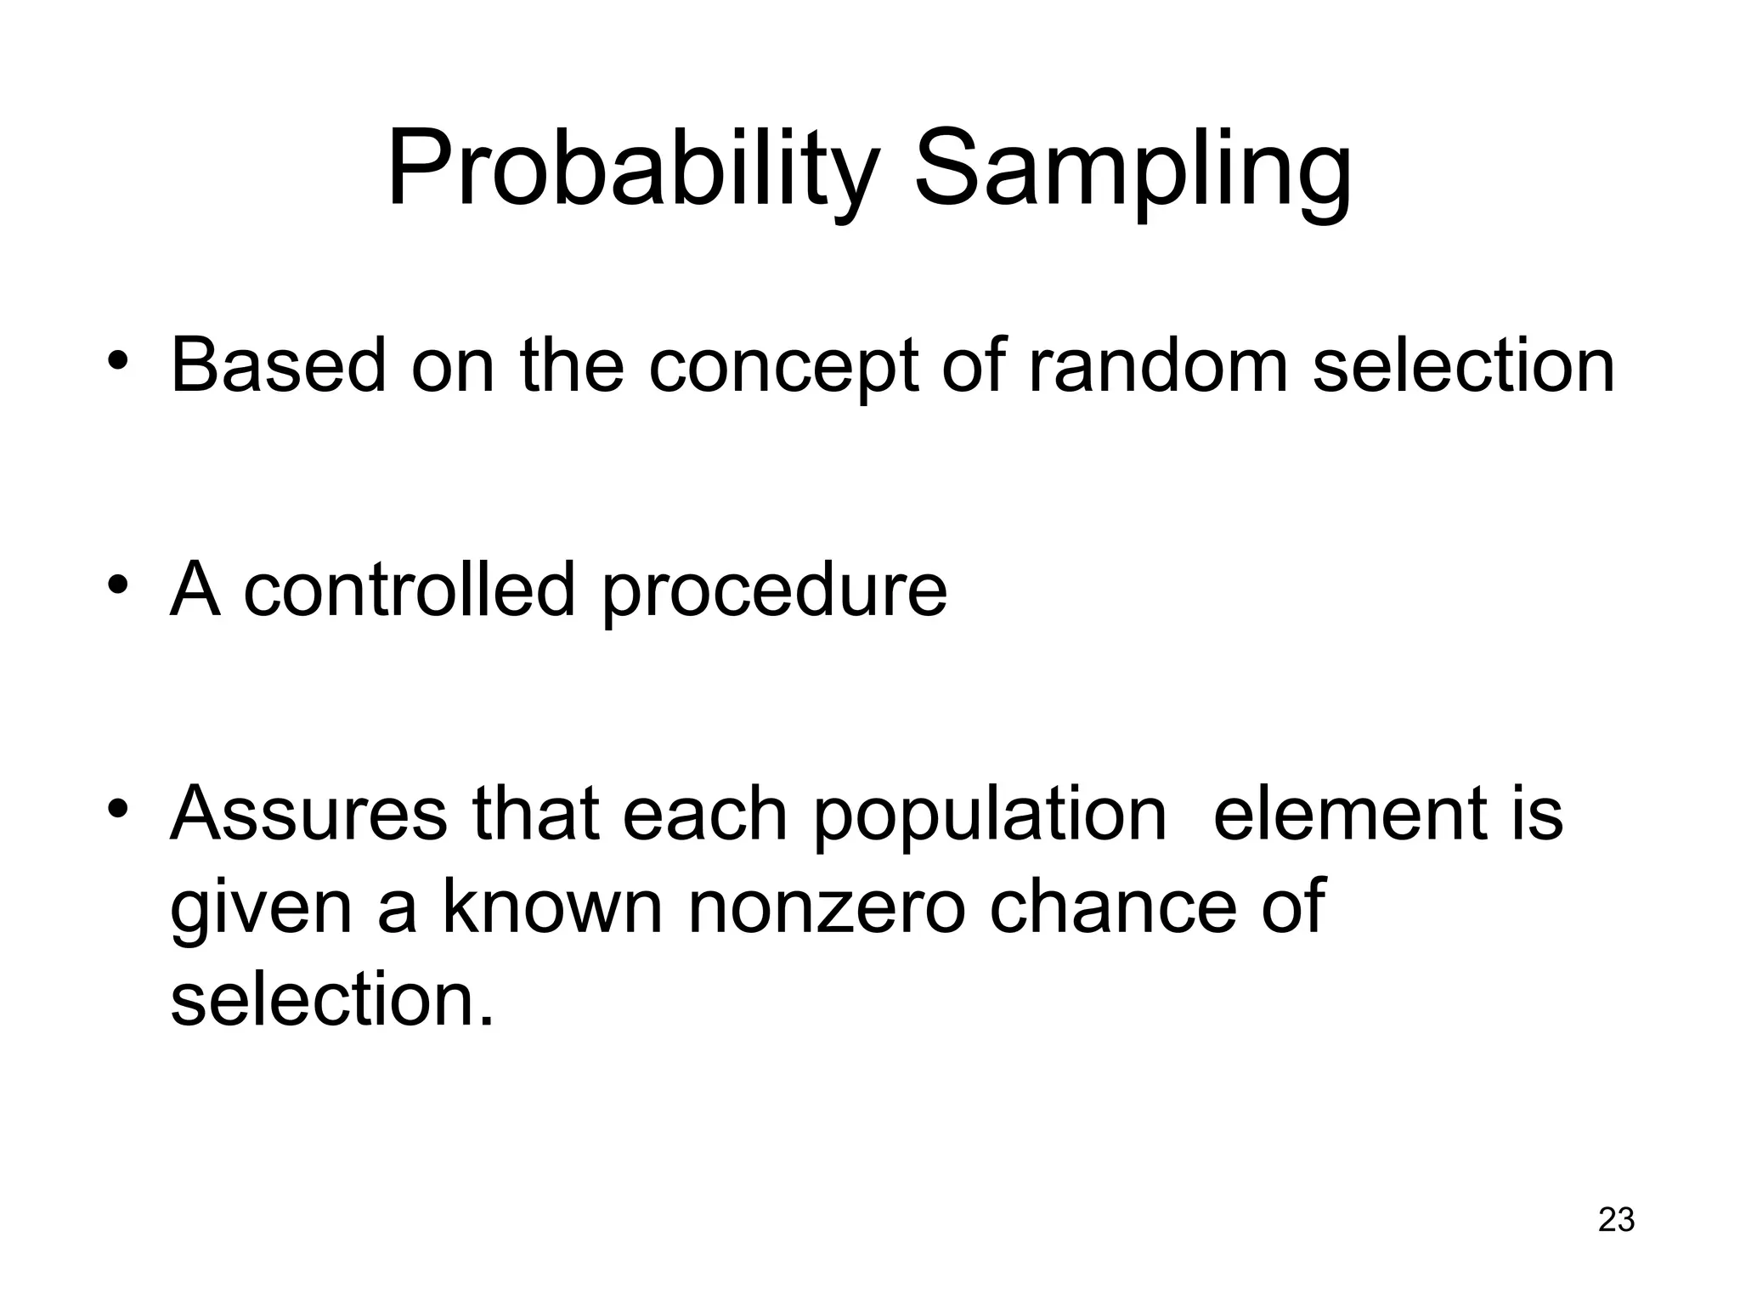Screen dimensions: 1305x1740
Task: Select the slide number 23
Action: click(x=1616, y=1219)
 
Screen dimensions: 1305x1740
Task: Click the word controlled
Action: click(x=410, y=590)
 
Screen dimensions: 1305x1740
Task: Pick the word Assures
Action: click(x=308, y=813)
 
